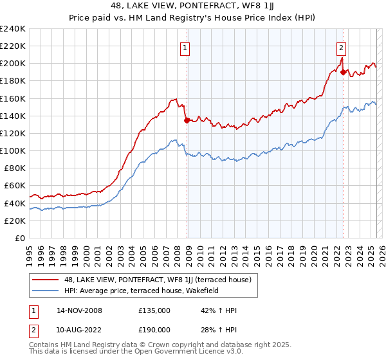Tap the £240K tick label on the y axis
pyautogui.click(x=13, y=29)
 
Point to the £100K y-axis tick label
pyautogui.click(x=13, y=150)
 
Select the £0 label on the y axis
pyautogui.click(x=20, y=238)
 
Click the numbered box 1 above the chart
pyautogui.click(x=185, y=47)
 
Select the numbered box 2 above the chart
pyautogui.click(x=341, y=47)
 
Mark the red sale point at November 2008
pyautogui.click(x=187, y=120)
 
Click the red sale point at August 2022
pyautogui.click(x=343, y=72)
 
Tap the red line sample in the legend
pyautogui.click(x=46, y=279)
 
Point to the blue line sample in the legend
pyautogui.click(x=46, y=290)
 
